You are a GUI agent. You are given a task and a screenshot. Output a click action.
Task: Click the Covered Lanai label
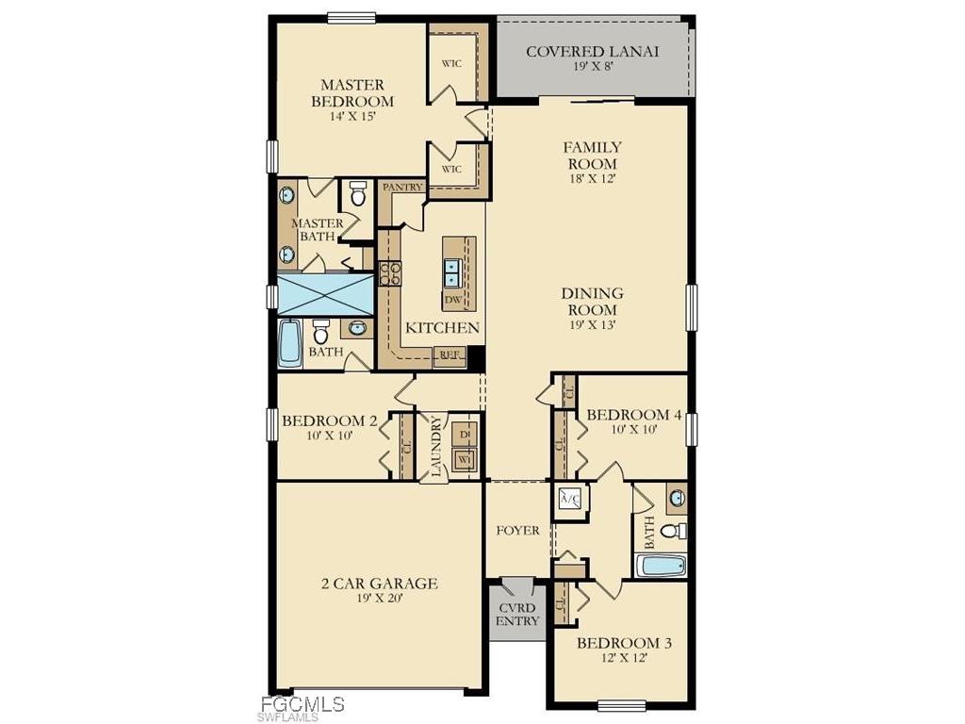tap(592, 52)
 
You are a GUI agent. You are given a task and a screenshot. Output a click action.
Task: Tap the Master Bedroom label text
tap(352, 92)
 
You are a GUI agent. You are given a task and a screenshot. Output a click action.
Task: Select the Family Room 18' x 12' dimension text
tap(591, 179)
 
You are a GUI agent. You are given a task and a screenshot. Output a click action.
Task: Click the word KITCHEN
tap(443, 328)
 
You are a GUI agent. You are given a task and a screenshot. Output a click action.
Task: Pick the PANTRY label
tap(402, 188)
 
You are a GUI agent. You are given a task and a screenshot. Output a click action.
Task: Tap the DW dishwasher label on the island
tap(452, 300)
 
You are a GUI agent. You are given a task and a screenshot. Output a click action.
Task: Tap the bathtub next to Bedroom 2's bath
tap(290, 342)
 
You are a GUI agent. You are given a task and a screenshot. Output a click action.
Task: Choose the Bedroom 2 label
tap(329, 420)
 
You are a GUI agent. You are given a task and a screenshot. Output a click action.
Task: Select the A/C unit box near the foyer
tap(570, 499)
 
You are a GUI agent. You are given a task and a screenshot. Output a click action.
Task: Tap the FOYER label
tap(518, 531)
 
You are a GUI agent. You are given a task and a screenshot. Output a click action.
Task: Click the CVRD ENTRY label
tap(517, 614)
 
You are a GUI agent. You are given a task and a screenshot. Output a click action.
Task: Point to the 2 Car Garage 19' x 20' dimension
tap(380, 601)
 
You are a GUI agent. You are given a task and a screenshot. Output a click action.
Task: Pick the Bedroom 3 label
tap(625, 643)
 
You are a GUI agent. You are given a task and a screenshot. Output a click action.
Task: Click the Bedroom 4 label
tap(633, 415)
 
